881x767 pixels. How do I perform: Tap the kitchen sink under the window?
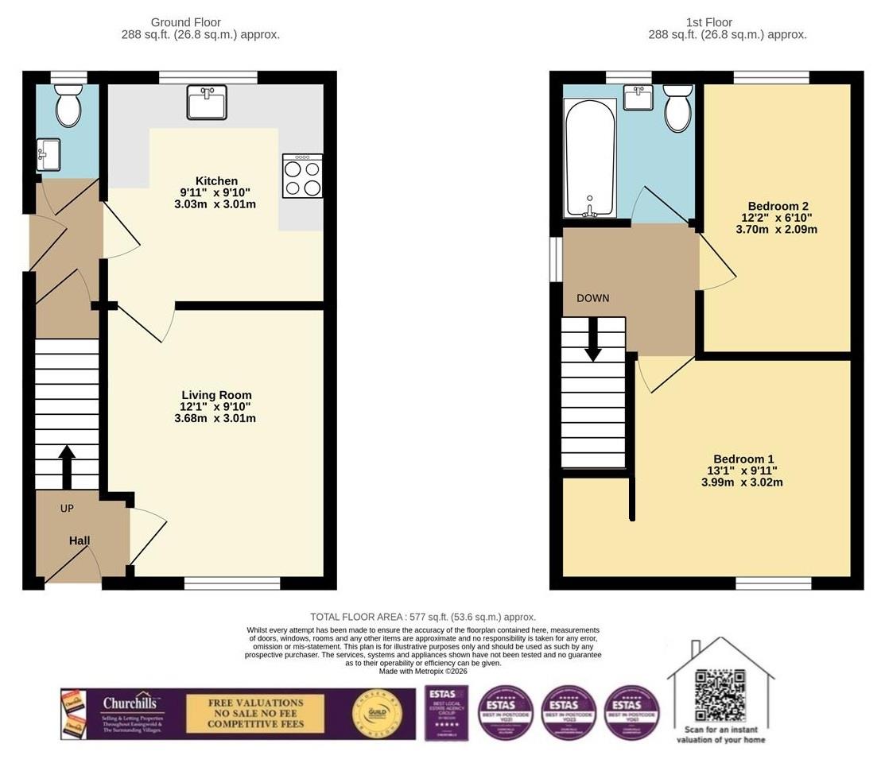point(207,103)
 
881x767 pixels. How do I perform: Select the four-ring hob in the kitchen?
point(302,176)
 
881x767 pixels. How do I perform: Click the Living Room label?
point(216,395)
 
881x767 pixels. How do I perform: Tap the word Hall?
point(80,540)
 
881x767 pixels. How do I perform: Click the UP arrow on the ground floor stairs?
point(67,466)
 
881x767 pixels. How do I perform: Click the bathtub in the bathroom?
point(589,158)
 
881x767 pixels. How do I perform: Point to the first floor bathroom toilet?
point(677,109)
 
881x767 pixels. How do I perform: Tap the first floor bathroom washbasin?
point(638,98)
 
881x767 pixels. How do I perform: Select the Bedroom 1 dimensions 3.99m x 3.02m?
point(743,482)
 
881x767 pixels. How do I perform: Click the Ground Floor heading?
point(186,22)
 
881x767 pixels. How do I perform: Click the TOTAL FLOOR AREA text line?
point(422,617)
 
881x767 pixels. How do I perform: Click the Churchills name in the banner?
point(132,703)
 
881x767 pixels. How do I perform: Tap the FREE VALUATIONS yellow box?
point(255,714)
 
